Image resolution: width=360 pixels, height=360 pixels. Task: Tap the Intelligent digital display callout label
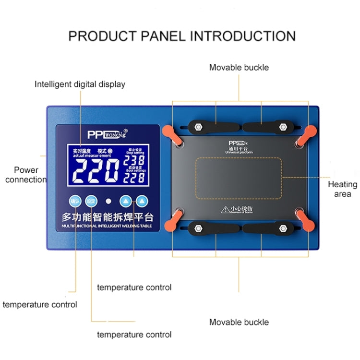80,84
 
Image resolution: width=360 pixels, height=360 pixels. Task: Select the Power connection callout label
26,175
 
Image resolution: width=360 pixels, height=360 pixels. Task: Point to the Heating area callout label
342,189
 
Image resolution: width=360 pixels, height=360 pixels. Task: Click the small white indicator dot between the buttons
108,202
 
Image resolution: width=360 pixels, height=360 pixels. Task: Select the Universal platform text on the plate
238,152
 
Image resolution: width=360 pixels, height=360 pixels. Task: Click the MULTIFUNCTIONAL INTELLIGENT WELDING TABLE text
108,226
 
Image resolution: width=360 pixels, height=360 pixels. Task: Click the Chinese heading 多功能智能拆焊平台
108,216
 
